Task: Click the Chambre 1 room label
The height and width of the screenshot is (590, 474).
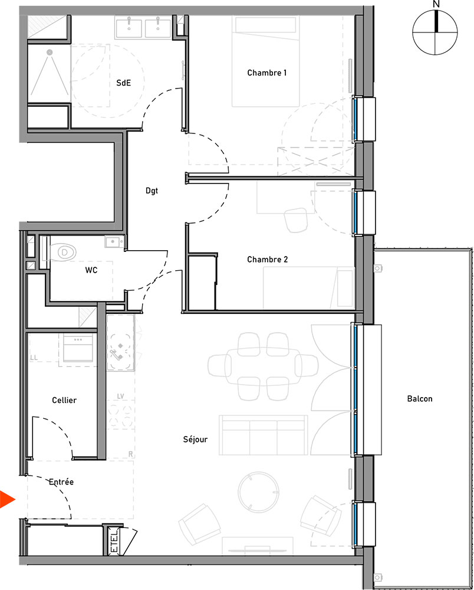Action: tap(267, 73)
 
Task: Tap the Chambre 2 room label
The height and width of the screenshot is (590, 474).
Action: tap(267, 259)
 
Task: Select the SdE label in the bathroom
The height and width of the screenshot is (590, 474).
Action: tap(123, 83)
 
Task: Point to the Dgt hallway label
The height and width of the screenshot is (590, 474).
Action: tap(152, 191)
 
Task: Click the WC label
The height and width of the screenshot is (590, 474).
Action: tap(91, 270)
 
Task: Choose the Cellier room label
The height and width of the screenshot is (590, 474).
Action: tap(64, 400)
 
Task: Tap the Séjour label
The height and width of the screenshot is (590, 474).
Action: tap(195, 439)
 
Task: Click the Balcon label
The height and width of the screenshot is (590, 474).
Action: tap(420, 398)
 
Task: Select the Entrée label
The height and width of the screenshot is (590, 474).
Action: tap(61, 481)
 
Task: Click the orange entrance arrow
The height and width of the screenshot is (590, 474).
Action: tap(6, 499)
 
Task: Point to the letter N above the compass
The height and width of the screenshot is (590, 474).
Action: tap(436, 4)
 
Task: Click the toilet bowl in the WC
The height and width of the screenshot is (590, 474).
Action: tap(63, 252)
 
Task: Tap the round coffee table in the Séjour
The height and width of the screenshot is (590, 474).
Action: tap(259, 491)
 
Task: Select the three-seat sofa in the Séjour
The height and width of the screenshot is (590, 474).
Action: tap(264, 435)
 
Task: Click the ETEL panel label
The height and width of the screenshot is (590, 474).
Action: tap(114, 542)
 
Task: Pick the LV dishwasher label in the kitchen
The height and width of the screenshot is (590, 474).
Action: tap(121, 396)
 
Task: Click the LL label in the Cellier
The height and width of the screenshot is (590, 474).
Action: tap(34, 358)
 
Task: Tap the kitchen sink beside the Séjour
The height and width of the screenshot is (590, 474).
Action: tap(120, 342)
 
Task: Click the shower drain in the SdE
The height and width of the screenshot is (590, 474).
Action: tap(50, 53)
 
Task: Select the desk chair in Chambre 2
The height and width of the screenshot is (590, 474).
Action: tap(296, 219)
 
